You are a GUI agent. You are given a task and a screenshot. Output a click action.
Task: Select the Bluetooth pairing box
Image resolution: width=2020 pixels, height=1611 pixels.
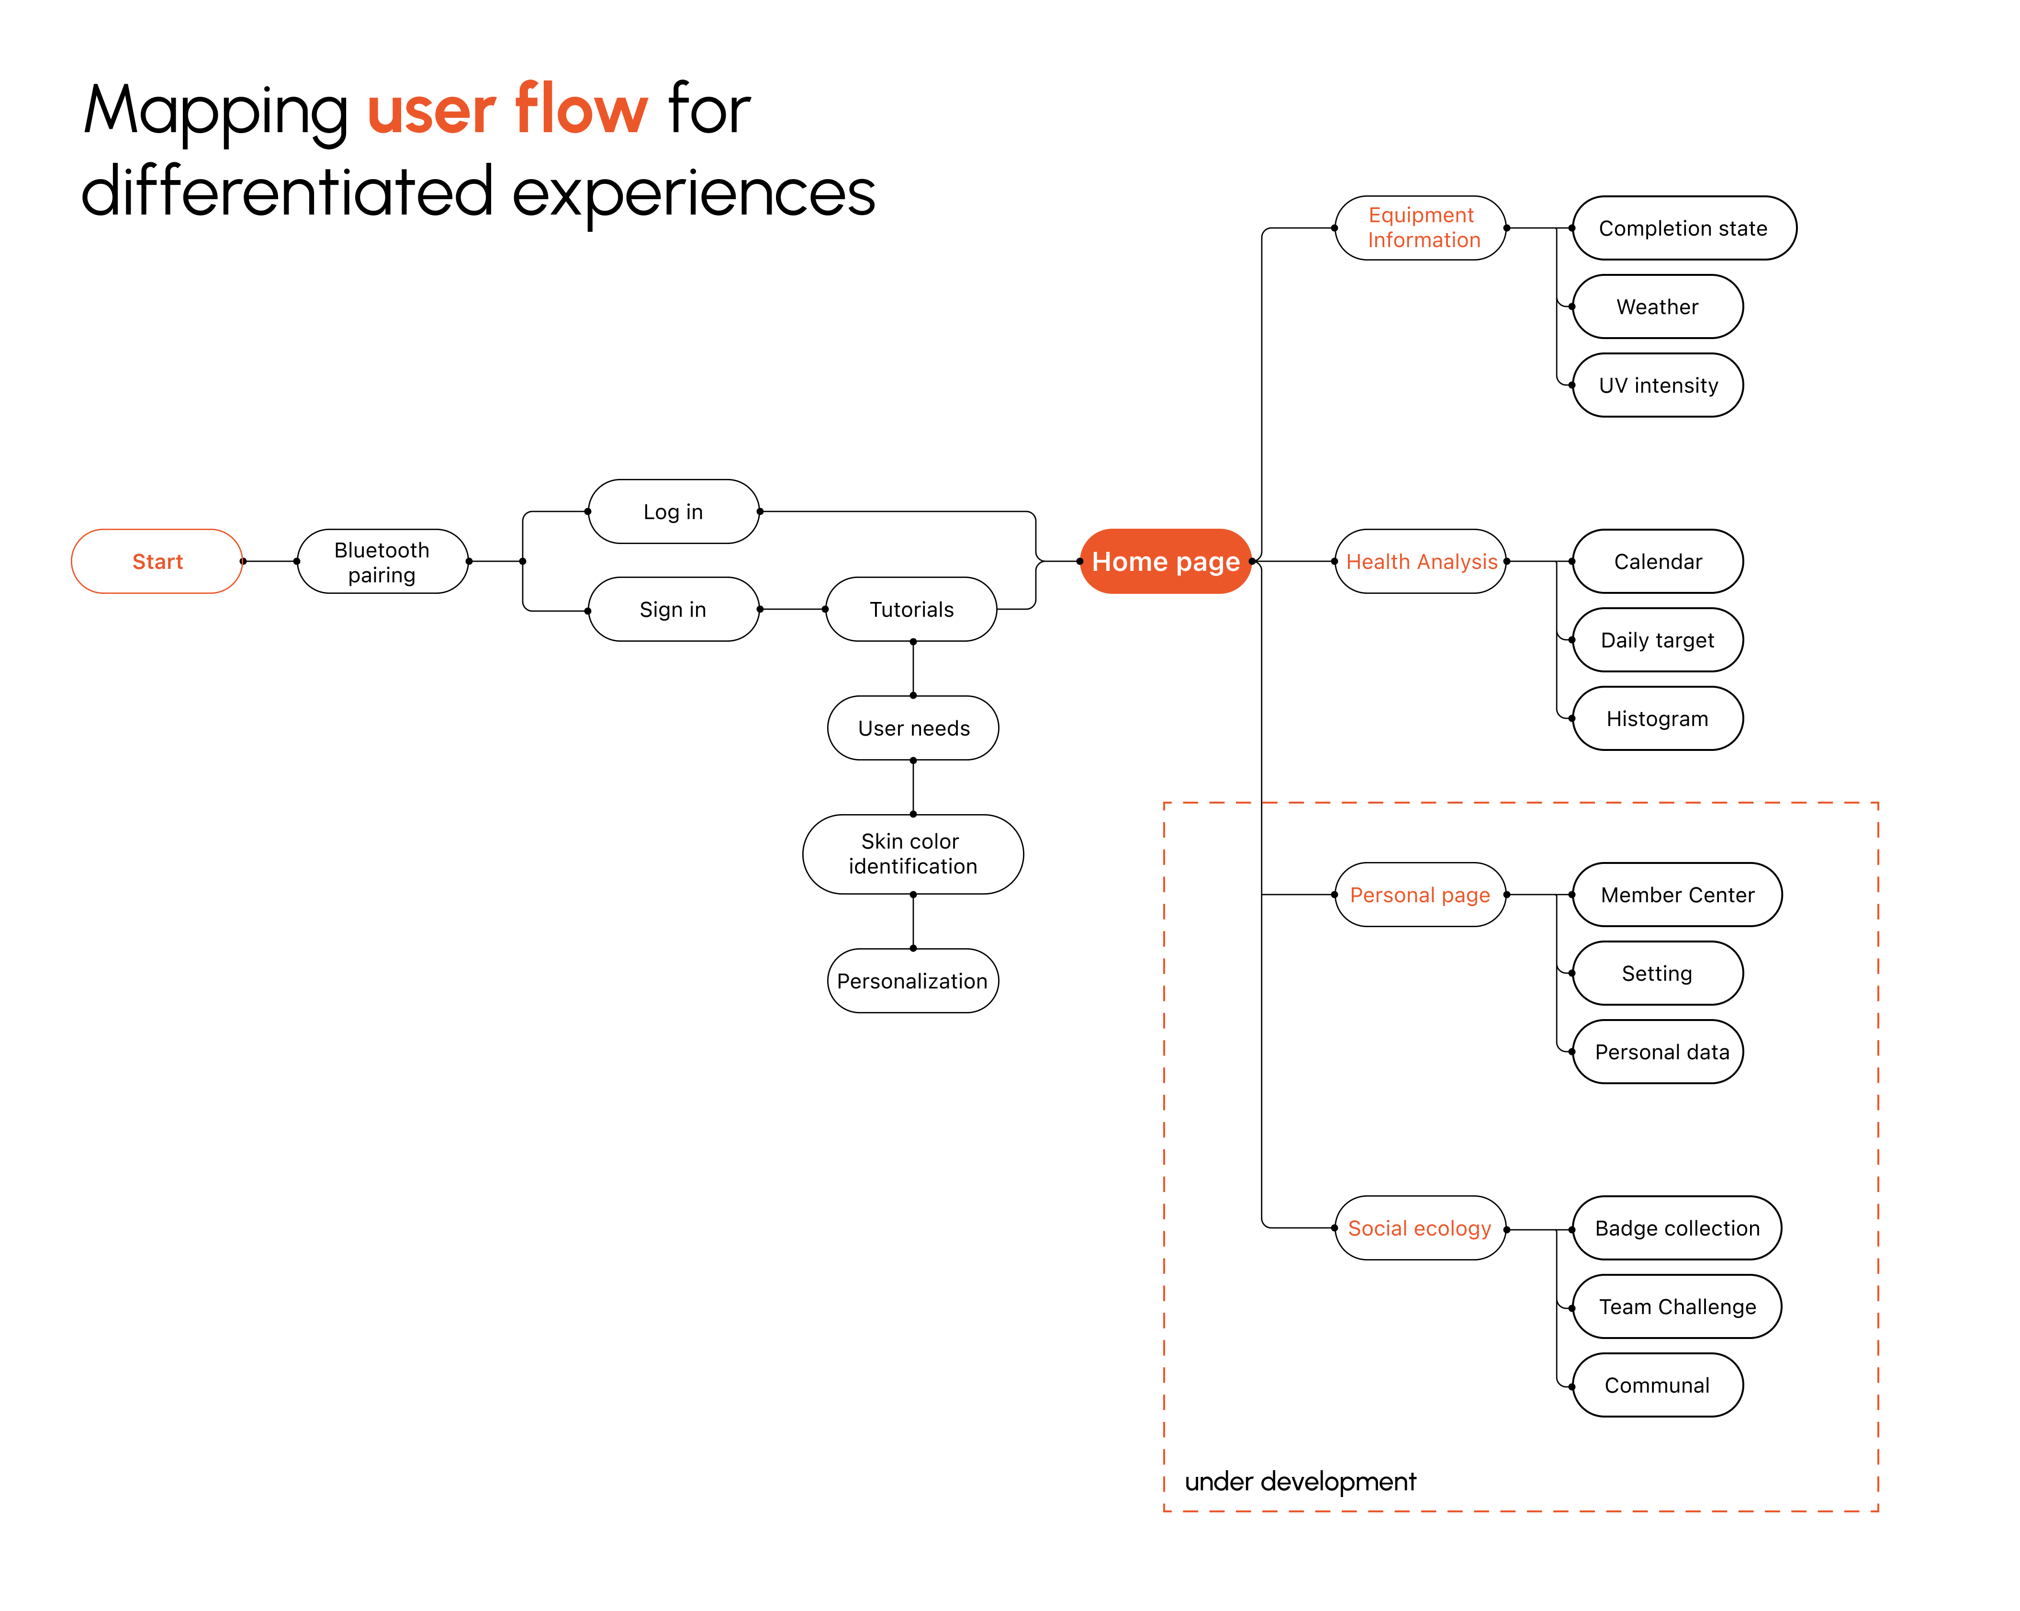pyautogui.click(x=382, y=561)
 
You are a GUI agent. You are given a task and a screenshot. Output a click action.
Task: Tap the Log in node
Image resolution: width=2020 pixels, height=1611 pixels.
pyautogui.click(x=673, y=511)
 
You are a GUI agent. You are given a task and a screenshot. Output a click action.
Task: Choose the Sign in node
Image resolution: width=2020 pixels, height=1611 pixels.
pyautogui.click(x=673, y=609)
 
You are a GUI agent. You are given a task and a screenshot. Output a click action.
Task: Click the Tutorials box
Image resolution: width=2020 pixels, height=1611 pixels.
pyautogui.click(x=911, y=609)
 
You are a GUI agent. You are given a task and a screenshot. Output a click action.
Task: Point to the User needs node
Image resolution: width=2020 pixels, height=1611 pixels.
pyautogui.click(x=913, y=728)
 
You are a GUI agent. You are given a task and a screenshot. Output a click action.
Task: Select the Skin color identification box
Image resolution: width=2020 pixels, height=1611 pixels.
pyautogui.click(x=913, y=854)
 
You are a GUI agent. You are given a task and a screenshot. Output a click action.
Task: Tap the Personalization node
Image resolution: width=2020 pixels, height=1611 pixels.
pyautogui.click(x=913, y=980)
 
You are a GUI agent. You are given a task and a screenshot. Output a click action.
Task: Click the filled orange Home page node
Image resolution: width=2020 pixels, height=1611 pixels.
pyautogui.click(x=1166, y=561)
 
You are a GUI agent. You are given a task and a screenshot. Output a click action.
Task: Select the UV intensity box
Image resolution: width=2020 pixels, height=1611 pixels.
pyautogui.click(x=1658, y=385)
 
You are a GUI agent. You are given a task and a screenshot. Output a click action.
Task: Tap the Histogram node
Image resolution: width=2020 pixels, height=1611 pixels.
pyautogui.click(x=1658, y=719)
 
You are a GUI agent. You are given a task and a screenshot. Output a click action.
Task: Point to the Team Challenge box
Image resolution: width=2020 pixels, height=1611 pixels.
pyautogui.click(x=1677, y=1306)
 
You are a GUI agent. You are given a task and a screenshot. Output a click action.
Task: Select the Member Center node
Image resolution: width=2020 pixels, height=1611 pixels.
pyautogui.click(x=1677, y=895)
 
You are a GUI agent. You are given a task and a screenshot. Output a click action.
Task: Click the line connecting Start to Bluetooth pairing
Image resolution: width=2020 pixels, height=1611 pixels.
pyautogui.click(x=270, y=561)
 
